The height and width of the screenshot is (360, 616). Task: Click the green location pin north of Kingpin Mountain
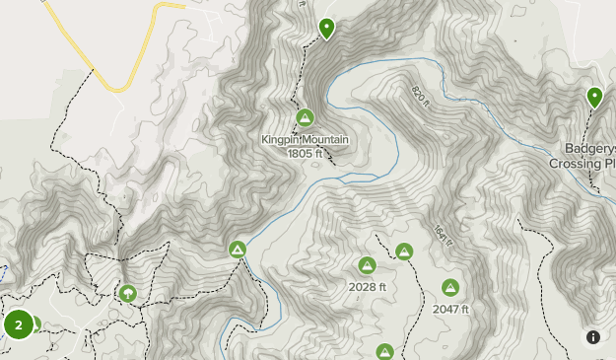click(326, 29)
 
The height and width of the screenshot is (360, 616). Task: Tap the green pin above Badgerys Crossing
click(594, 97)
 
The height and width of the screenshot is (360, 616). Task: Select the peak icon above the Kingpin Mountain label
click(305, 118)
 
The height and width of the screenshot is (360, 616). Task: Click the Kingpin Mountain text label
click(306, 140)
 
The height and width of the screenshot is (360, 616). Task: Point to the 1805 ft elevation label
click(306, 153)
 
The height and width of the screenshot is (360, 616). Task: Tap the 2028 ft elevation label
click(368, 287)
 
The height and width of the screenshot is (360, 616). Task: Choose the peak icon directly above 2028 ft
click(367, 265)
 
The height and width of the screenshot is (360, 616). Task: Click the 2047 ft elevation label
click(450, 309)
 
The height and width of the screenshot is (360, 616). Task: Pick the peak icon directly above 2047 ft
click(450, 288)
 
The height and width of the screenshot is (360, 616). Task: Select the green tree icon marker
click(127, 293)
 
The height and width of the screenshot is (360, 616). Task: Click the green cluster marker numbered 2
click(18, 324)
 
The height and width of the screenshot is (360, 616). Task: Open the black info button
click(593, 337)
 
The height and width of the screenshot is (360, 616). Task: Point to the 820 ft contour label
click(422, 96)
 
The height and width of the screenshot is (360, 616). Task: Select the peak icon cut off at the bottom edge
click(384, 352)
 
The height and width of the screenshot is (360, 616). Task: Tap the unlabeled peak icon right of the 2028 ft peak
click(404, 252)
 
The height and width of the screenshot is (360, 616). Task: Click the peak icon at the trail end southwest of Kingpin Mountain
click(237, 249)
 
